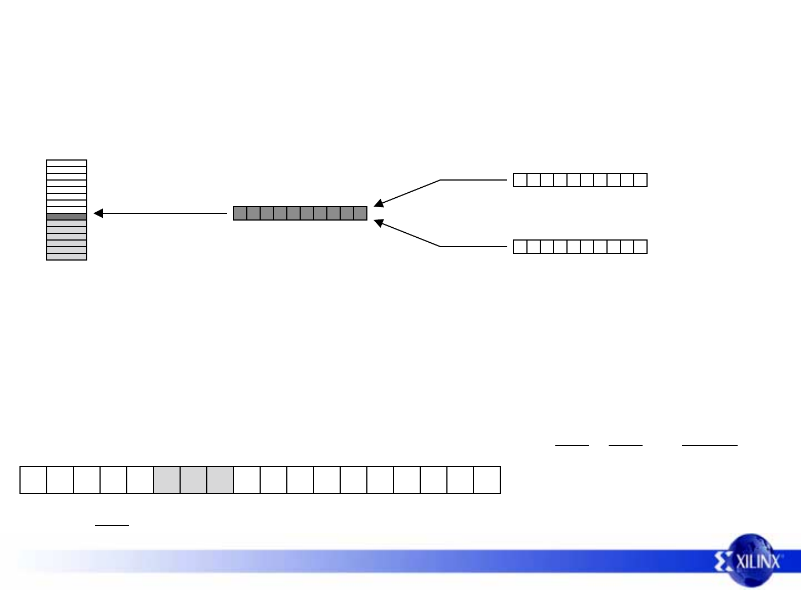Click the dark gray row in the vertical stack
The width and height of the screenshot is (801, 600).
point(67,217)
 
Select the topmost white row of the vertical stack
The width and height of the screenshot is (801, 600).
point(67,163)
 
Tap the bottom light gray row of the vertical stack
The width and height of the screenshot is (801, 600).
point(67,257)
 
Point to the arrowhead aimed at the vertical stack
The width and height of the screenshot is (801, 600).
point(98,213)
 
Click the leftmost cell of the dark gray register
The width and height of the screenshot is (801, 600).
point(240,213)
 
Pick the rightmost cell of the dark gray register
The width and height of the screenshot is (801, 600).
point(360,213)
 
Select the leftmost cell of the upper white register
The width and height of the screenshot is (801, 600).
point(520,180)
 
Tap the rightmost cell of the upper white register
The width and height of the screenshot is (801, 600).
point(640,180)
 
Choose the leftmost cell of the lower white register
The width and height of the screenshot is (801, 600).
point(520,247)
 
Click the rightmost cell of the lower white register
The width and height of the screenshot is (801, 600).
point(640,247)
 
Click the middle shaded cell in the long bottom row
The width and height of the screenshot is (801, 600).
point(193,480)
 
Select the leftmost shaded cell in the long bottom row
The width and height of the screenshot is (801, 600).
point(167,480)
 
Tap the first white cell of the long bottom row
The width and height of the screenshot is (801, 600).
point(33,480)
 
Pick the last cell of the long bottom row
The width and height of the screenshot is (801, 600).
point(487,480)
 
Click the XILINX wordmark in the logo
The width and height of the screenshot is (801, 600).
point(758,562)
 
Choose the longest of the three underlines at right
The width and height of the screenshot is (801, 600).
point(710,445)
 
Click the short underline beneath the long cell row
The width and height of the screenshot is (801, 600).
point(112,524)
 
